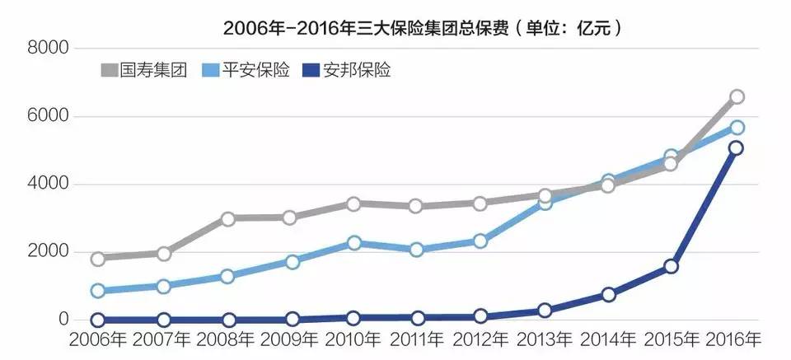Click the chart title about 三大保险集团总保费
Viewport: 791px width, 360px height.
point(423,28)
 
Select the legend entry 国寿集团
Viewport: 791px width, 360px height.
point(143,70)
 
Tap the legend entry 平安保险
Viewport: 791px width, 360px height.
point(246,70)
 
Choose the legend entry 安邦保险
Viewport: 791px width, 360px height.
point(348,70)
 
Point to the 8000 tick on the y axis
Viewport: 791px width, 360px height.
point(47,49)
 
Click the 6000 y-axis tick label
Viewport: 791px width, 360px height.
point(47,116)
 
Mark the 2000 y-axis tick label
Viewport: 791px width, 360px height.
point(47,252)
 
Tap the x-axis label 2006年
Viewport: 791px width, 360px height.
point(99,340)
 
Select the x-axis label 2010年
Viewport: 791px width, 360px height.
point(353,340)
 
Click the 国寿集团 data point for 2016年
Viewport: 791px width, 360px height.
point(737,97)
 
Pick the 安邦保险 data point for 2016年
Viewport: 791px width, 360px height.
point(737,147)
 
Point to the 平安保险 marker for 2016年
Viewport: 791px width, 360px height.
point(737,128)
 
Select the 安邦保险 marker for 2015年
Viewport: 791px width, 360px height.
point(671,266)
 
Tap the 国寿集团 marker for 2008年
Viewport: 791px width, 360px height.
point(227,219)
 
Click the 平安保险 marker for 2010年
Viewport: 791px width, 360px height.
point(354,243)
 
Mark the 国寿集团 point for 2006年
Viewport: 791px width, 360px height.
point(98,259)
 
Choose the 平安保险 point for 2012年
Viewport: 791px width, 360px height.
point(480,241)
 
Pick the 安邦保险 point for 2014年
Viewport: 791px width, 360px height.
point(608,294)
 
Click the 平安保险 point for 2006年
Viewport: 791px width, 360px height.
point(98,291)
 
